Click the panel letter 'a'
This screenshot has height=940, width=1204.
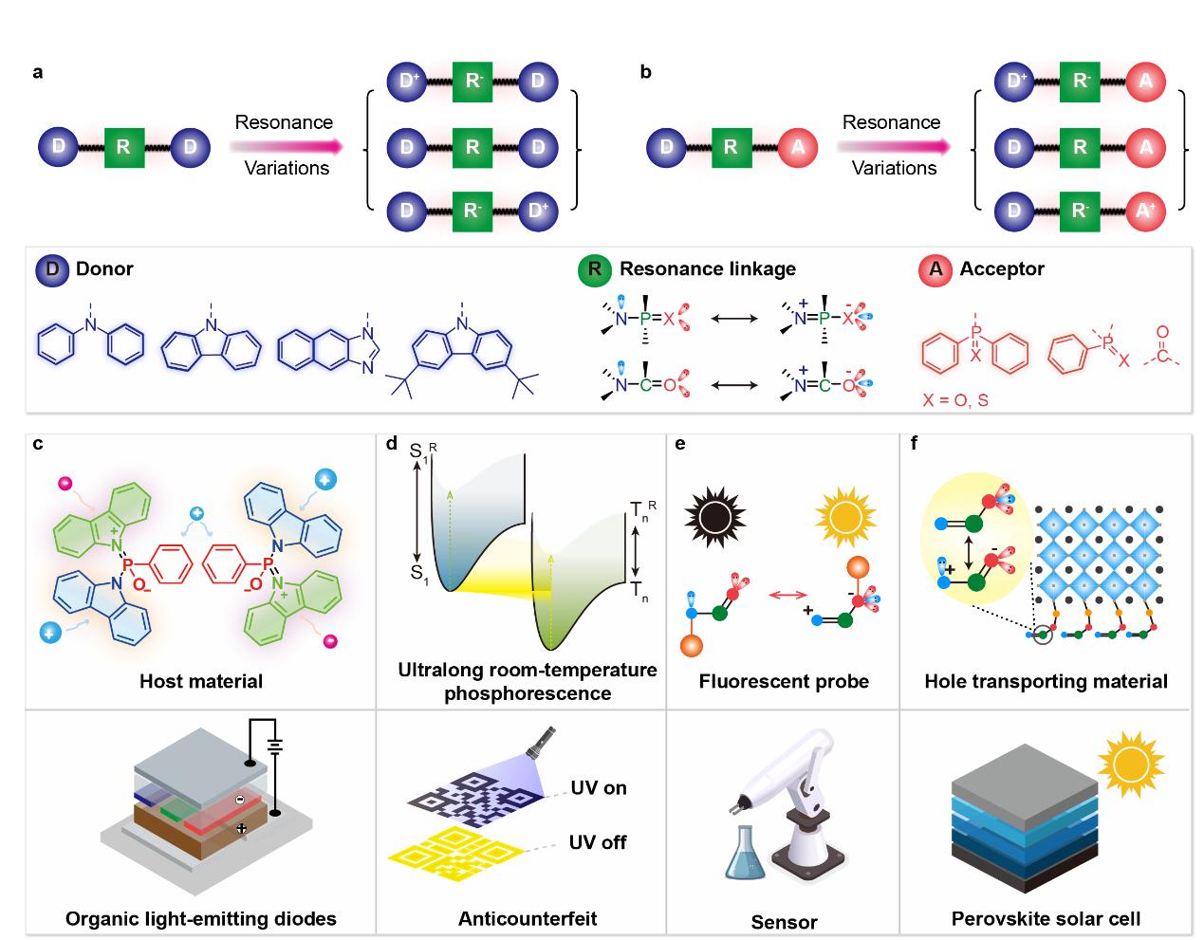coord(37,72)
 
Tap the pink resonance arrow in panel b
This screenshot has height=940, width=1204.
coord(893,146)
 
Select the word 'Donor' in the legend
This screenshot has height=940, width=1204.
coord(104,268)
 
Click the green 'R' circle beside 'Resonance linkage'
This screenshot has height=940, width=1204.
coord(594,268)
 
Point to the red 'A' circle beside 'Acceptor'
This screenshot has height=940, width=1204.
coord(935,268)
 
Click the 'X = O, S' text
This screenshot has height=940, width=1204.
coord(955,400)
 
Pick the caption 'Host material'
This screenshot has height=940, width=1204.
coord(201,680)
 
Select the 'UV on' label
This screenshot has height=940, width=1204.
coord(598,788)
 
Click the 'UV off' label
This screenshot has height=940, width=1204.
coord(598,841)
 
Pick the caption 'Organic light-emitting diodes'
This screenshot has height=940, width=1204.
coord(201,918)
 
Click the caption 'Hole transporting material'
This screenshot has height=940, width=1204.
coord(1046,681)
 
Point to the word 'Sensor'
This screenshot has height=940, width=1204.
coord(784,921)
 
